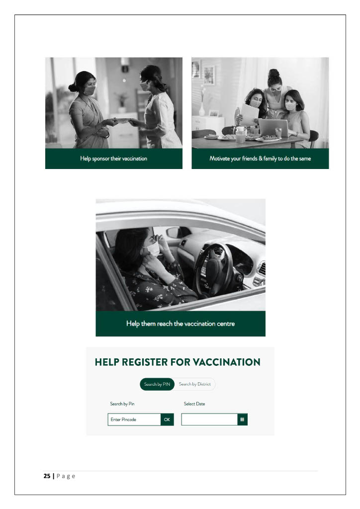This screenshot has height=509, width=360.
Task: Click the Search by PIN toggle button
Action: [x=158, y=384]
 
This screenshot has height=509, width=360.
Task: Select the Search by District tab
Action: [x=195, y=384]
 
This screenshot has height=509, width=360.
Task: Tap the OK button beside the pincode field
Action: [x=167, y=420]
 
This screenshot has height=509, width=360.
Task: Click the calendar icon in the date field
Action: [x=242, y=420]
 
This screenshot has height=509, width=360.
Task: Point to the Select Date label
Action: [x=194, y=404]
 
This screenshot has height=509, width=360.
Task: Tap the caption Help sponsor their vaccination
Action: [x=114, y=159]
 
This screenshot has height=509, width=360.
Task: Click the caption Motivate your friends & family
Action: [x=260, y=159]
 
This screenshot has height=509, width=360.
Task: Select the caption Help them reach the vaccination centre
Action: [x=180, y=324]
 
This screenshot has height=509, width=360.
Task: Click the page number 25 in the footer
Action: [x=47, y=476]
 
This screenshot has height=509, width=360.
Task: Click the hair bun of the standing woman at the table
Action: [x=273, y=74]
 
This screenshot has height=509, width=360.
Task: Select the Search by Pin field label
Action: [x=122, y=404]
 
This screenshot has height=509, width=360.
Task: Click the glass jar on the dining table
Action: [x=241, y=134]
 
